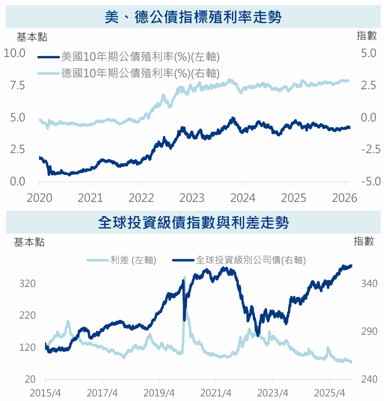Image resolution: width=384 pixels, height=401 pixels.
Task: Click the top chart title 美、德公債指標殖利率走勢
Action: click(192, 17)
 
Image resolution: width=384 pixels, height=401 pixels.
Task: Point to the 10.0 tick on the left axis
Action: click(14, 53)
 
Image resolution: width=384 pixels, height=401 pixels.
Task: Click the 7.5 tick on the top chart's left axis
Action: click(17, 86)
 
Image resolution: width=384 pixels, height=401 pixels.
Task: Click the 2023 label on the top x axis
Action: click(192, 198)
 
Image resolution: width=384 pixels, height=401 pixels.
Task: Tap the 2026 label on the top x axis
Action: click(344, 198)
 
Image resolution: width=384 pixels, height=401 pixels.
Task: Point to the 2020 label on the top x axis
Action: click(39, 198)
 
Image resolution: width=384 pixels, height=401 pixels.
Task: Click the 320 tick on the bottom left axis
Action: click(28, 284)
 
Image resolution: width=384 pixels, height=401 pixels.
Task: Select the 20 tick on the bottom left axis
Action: click(30, 379)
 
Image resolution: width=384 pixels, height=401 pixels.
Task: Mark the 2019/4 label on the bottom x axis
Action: click(159, 394)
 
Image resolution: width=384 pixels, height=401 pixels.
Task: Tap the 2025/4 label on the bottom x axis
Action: click(329, 394)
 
